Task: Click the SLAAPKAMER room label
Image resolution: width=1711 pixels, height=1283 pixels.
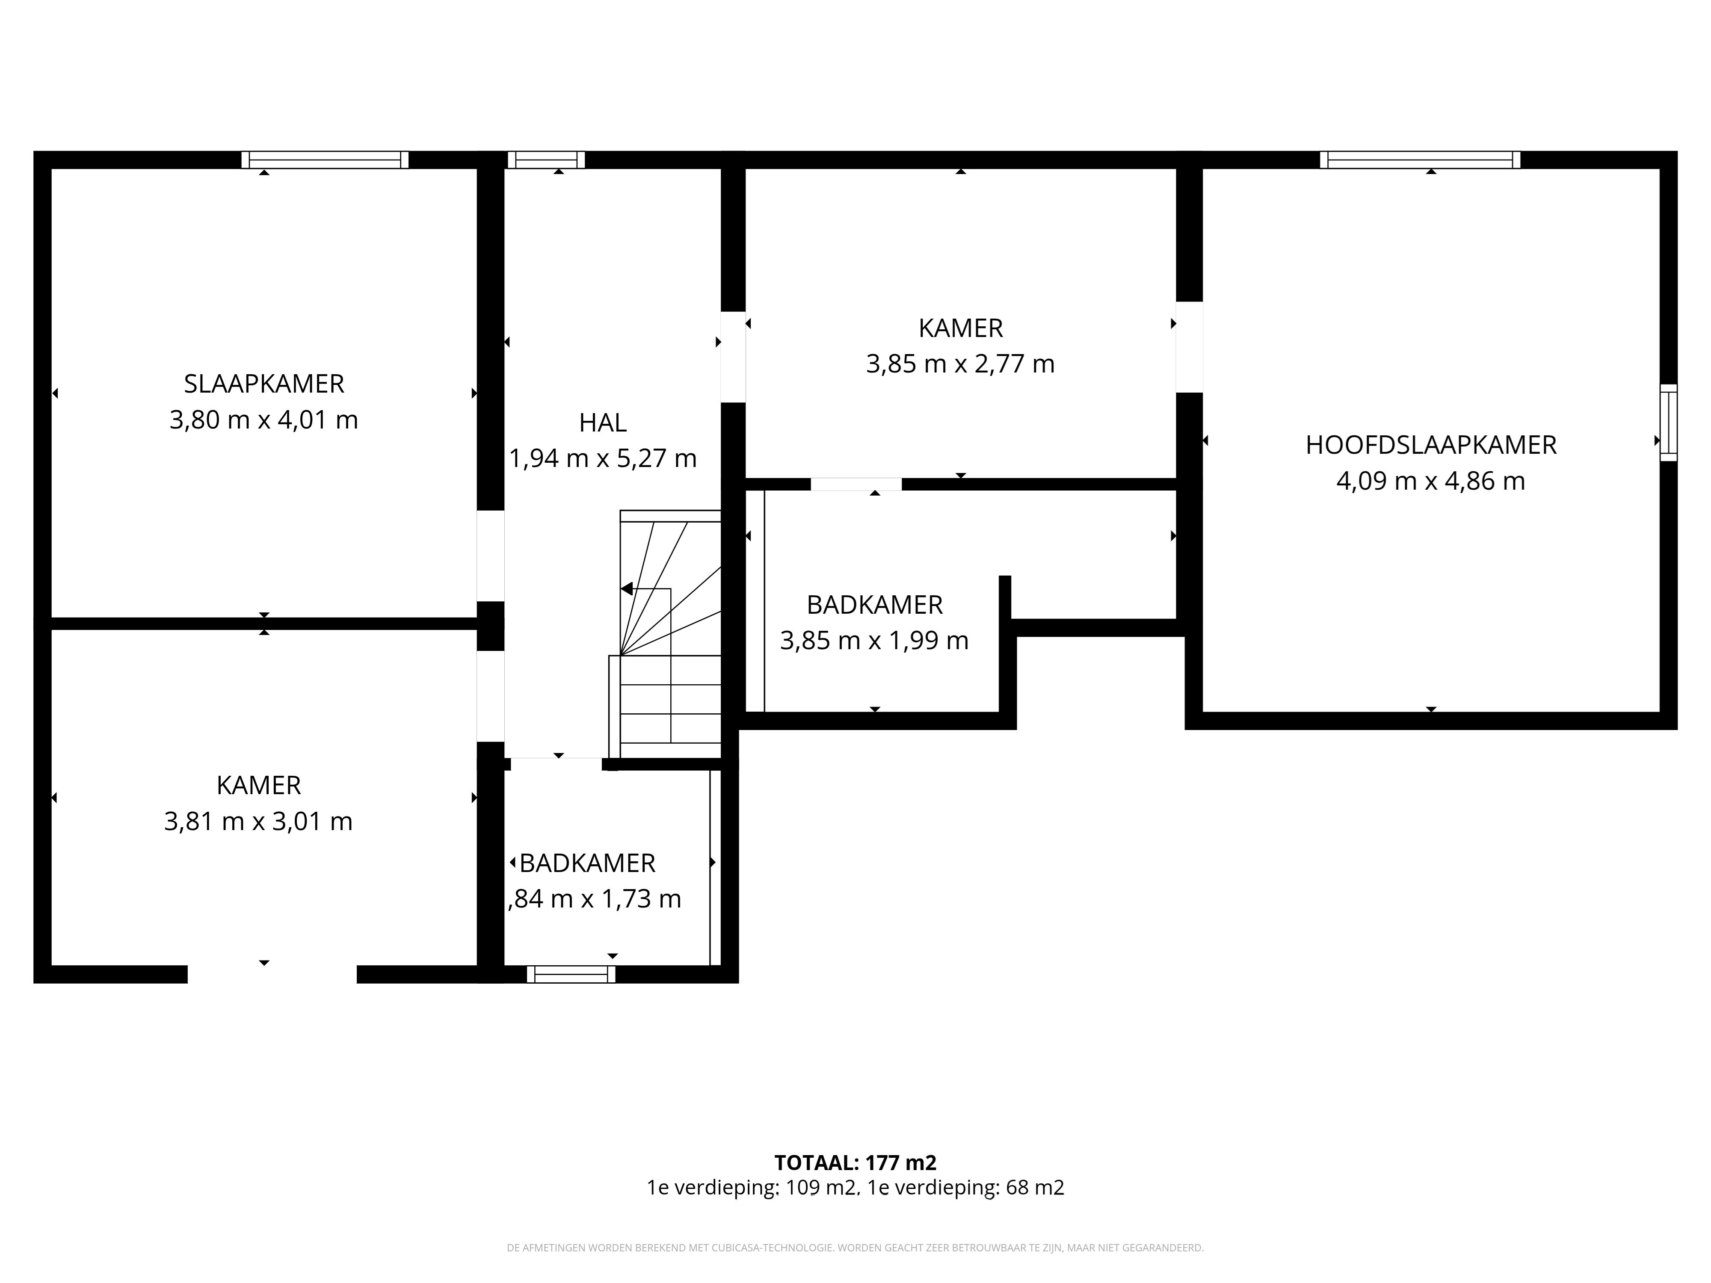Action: (x=264, y=384)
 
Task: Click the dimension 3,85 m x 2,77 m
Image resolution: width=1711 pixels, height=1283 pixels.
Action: (x=960, y=364)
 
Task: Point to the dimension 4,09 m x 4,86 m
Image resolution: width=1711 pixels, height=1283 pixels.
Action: (x=1431, y=481)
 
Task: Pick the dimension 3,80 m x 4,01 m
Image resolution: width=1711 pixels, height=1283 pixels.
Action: (x=264, y=420)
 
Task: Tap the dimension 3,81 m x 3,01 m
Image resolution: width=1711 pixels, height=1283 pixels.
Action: (x=258, y=821)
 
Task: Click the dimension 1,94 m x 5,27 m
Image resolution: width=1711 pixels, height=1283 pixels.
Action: (x=603, y=458)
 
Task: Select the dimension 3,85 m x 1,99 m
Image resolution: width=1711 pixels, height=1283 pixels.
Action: (x=874, y=640)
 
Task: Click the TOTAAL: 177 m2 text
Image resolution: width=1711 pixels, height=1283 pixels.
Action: (x=855, y=1162)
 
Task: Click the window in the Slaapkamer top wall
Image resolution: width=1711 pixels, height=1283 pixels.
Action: (x=325, y=160)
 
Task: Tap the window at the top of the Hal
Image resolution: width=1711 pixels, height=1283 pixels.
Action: (x=546, y=160)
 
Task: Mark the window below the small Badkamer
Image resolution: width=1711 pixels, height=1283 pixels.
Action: (x=571, y=974)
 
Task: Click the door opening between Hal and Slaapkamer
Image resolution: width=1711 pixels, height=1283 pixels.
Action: (x=490, y=556)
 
